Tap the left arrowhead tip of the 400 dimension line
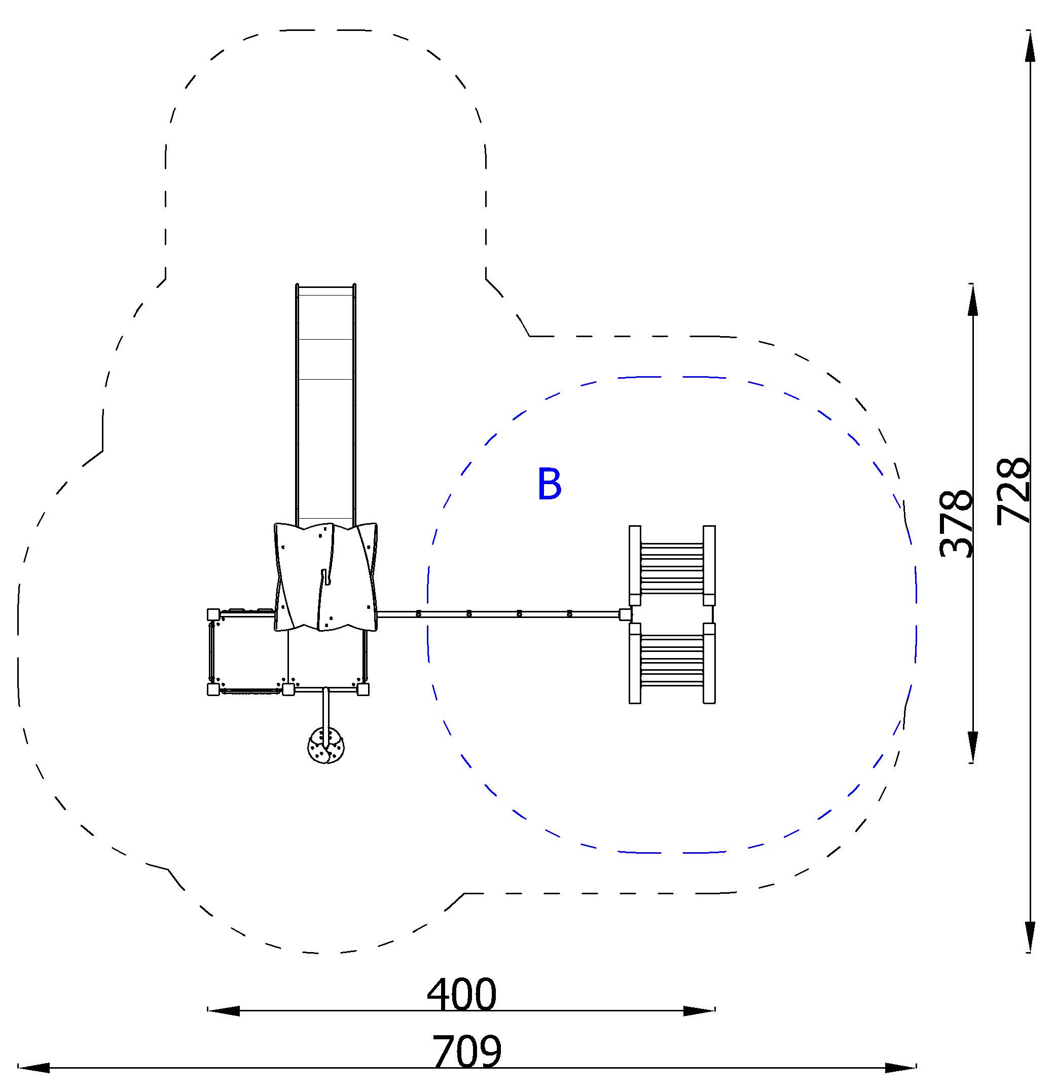(x=208, y=1011)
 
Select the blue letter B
(x=549, y=484)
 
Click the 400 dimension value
(x=461, y=995)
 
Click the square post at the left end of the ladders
(x=625, y=614)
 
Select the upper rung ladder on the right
(x=672, y=565)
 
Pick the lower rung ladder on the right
(x=672, y=663)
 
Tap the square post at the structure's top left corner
(x=213, y=614)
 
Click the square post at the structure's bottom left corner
(x=213, y=690)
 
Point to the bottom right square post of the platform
(x=362, y=690)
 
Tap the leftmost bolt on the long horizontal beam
(x=418, y=614)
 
